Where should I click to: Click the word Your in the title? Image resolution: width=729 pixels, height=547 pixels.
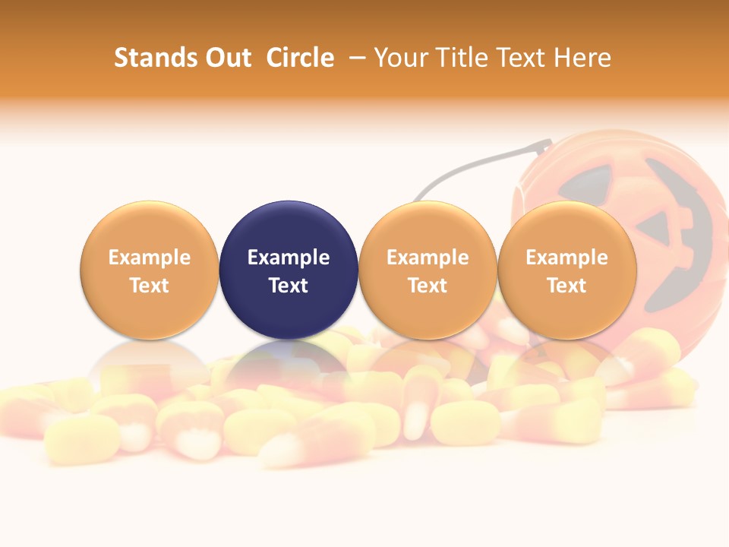point(399,58)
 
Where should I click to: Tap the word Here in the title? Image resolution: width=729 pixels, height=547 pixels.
point(582,58)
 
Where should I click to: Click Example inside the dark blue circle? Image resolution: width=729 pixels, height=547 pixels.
point(289,258)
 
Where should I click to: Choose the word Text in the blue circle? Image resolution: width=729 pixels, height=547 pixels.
point(289,286)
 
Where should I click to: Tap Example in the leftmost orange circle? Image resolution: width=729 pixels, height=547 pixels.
point(150,258)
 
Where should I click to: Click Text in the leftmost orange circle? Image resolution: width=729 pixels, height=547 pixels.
point(150,286)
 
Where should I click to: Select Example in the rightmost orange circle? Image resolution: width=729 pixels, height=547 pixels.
point(566,258)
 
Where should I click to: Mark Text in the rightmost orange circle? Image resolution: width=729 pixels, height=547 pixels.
point(566,286)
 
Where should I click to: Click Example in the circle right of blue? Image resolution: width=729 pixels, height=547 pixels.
point(428,258)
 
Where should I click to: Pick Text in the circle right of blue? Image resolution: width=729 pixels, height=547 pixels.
point(428,286)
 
